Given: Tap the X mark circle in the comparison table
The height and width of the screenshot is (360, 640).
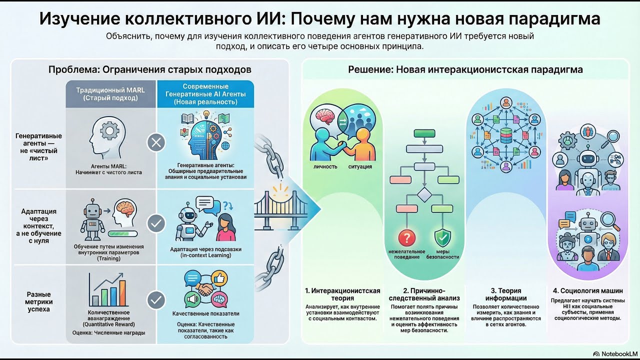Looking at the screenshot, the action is tap(156, 142).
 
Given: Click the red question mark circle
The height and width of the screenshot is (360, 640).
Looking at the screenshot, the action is tap(407, 237).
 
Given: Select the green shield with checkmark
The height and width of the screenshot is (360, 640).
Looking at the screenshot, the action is tap(442, 237).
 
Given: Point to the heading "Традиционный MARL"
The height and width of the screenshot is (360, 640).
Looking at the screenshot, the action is tap(110, 90).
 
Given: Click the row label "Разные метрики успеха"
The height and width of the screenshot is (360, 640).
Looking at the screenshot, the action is tap(38, 301).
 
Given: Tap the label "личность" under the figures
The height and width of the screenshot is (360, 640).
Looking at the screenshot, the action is tap(325, 166).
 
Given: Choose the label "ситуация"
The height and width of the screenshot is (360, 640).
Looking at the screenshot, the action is tap(360, 166).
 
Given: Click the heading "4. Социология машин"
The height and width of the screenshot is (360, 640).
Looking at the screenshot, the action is tap(587, 290).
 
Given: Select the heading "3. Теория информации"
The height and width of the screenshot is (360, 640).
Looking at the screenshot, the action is tap(505, 294).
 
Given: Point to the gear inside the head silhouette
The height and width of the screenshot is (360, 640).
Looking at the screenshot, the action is tap(109, 130).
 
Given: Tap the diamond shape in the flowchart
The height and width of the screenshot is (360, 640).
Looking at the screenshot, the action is tap(424, 195).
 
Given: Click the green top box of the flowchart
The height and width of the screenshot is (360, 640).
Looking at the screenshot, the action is tap(424, 133).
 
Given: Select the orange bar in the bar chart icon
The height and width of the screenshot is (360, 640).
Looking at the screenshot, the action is tap(122, 293).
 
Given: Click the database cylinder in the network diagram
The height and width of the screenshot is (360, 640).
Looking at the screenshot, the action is tap(505, 135).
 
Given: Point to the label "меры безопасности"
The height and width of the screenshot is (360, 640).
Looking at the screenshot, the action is tap(442, 254).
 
